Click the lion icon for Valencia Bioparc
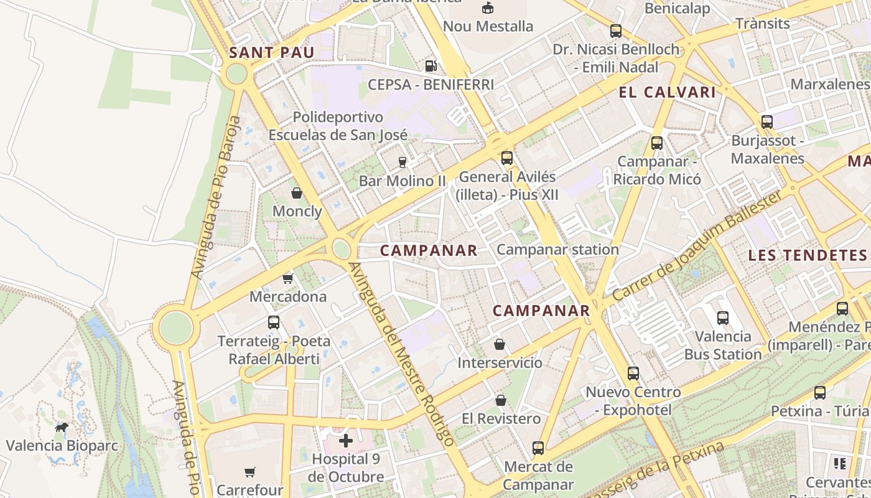[x=62, y=427]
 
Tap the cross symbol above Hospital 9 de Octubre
[x=346, y=441]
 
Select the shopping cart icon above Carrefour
[x=249, y=472]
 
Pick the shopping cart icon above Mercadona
[x=287, y=278]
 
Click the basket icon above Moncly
[x=297, y=193]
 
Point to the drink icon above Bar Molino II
[x=403, y=162]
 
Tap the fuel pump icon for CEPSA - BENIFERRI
[x=430, y=65]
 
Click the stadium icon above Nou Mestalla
[x=488, y=8]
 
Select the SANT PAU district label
[x=271, y=52]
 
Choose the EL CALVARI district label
[x=667, y=93]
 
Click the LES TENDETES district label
[x=807, y=255]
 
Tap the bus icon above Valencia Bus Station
[x=722, y=318]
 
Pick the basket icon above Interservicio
[x=500, y=344]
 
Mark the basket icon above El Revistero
[x=500, y=400]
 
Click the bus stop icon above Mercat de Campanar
[x=538, y=448]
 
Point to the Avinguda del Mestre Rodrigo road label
[x=401, y=353]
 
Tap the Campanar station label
[x=557, y=250]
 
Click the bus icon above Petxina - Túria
[x=819, y=393]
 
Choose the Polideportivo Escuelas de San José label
[x=338, y=126]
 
